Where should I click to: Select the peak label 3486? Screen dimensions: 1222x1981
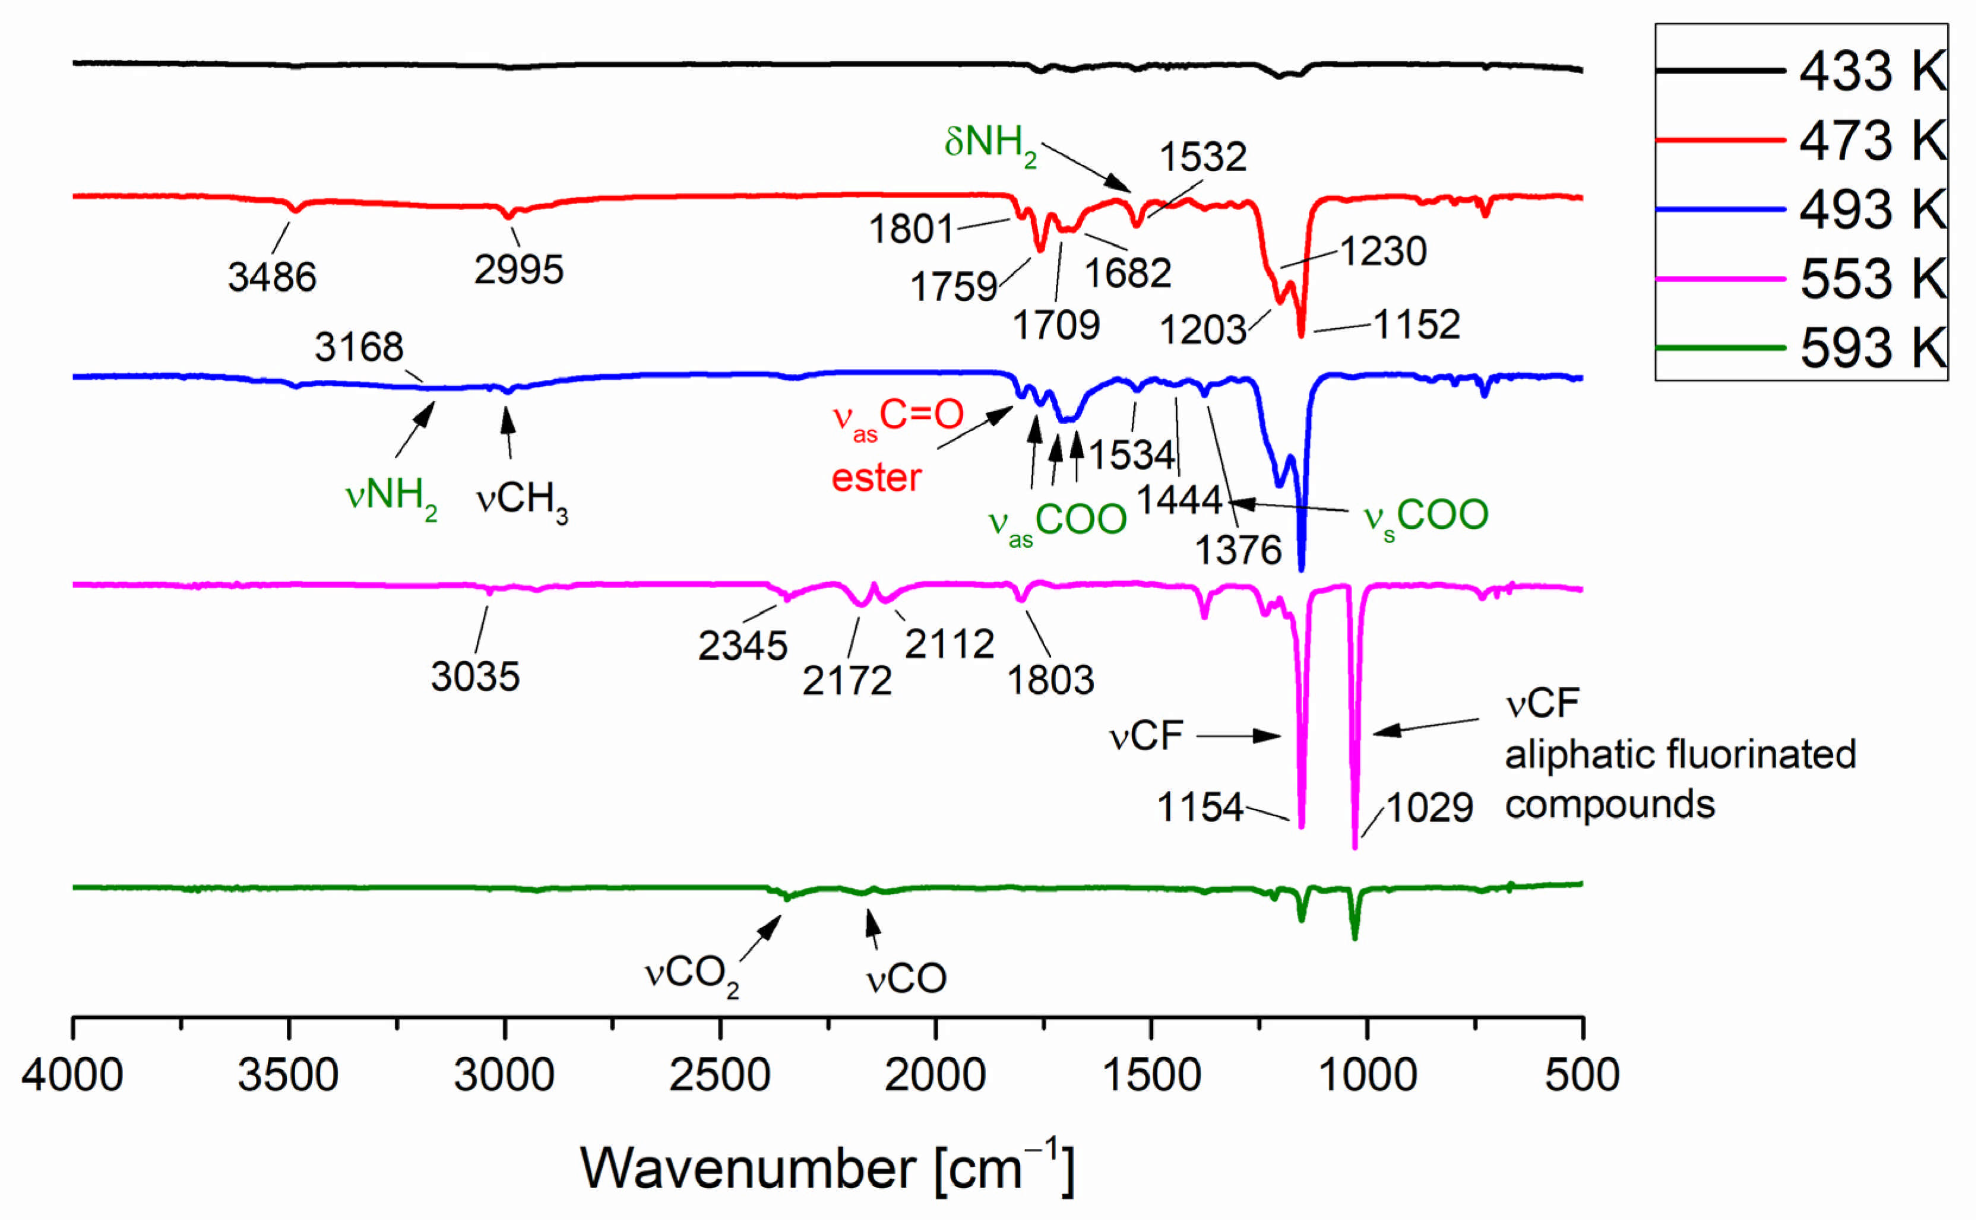(x=272, y=277)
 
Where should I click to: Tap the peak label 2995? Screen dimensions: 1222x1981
(x=518, y=269)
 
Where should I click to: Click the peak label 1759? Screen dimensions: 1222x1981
(x=954, y=287)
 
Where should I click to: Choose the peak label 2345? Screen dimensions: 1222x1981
(x=742, y=646)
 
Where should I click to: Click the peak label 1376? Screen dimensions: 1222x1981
(x=1238, y=550)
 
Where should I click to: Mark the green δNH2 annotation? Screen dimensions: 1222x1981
(x=990, y=143)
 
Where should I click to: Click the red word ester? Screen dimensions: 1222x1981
(x=876, y=478)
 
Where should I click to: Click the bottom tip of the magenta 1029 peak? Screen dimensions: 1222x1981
(x=1355, y=847)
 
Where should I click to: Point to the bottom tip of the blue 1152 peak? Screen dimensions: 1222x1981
(x=1301, y=570)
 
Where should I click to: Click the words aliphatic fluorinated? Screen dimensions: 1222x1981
(x=1680, y=755)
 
